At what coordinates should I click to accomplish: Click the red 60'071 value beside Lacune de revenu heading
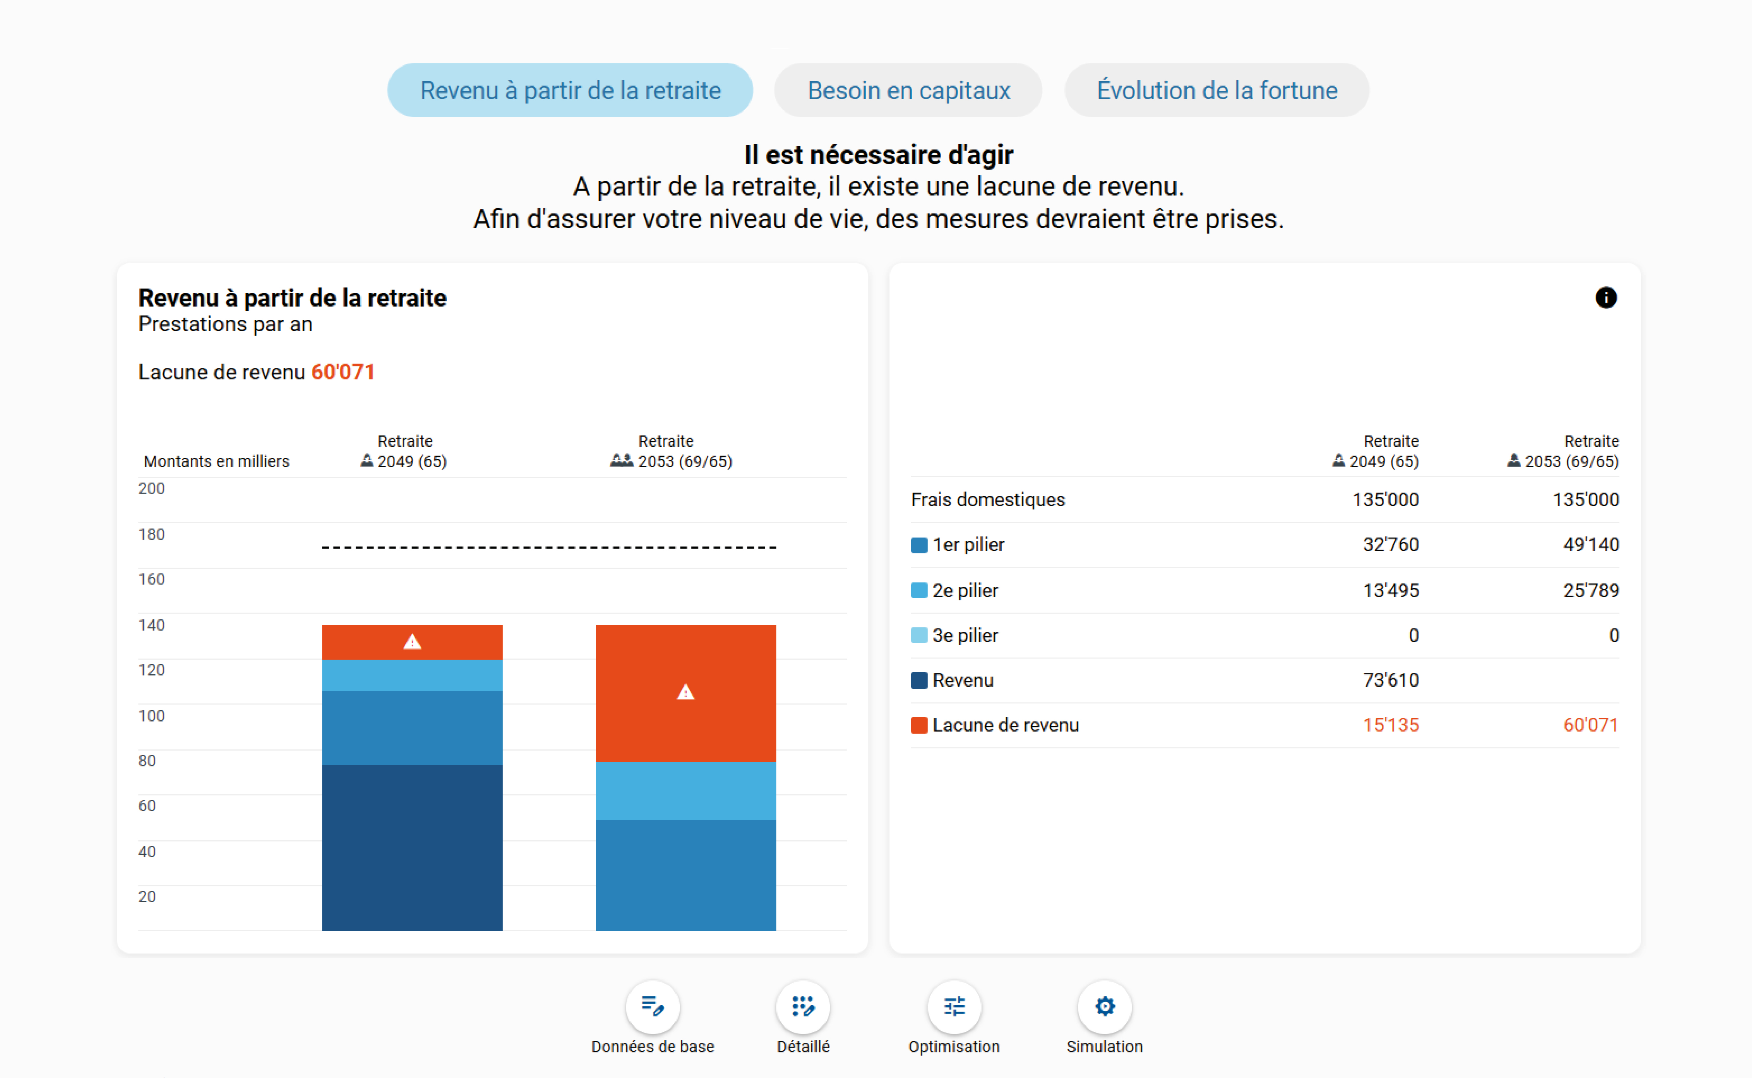(x=343, y=372)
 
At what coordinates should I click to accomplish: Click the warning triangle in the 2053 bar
(x=685, y=692)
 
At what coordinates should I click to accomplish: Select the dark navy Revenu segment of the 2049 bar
(x=412, y=847)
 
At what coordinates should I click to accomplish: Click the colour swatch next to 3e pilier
(x=919, y=635)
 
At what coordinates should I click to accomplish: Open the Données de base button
(x=652, y=1007)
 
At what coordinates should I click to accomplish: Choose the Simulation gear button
(x=1104, y=1007)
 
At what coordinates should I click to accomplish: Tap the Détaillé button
(x=803, y=1007)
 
